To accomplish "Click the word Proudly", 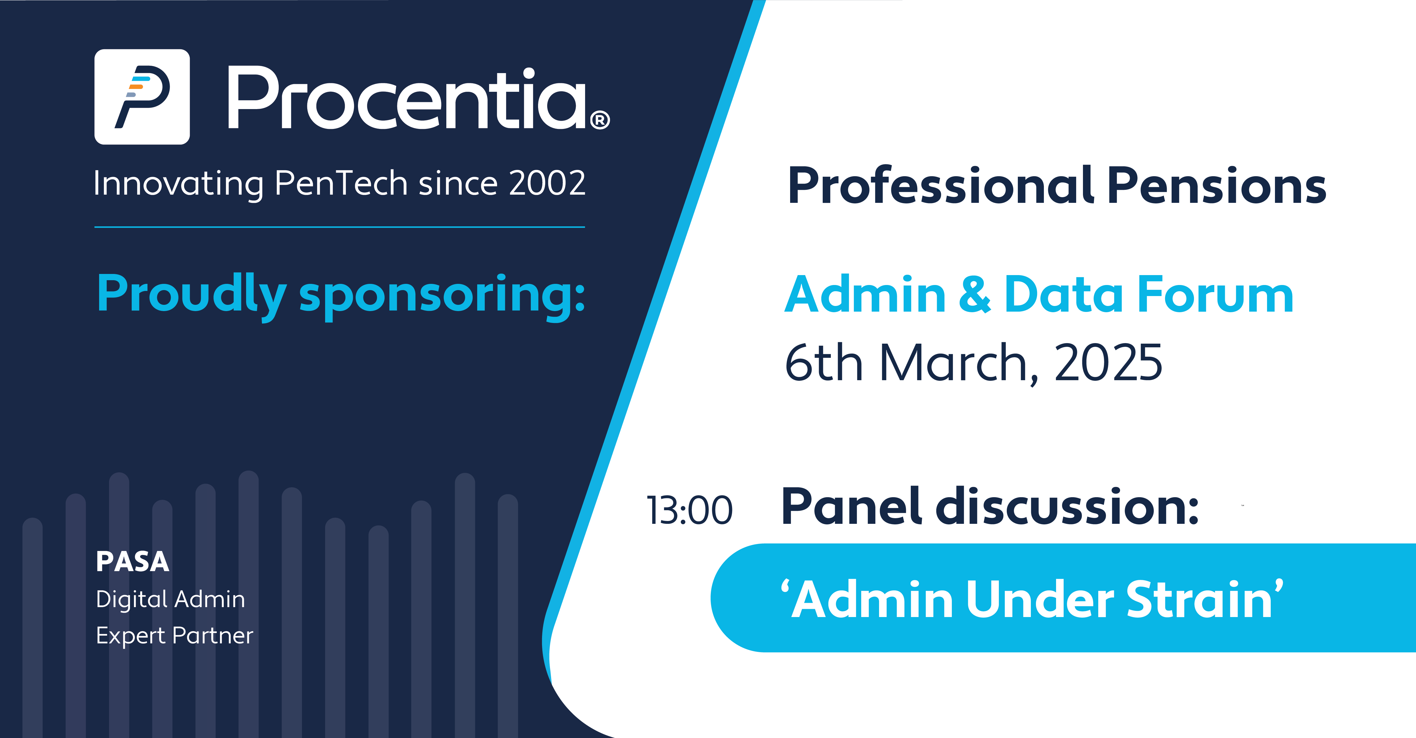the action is [191, 296].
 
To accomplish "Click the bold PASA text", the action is [133, 562].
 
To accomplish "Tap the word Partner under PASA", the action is [213, 636].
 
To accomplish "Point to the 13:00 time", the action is [689, 510].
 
